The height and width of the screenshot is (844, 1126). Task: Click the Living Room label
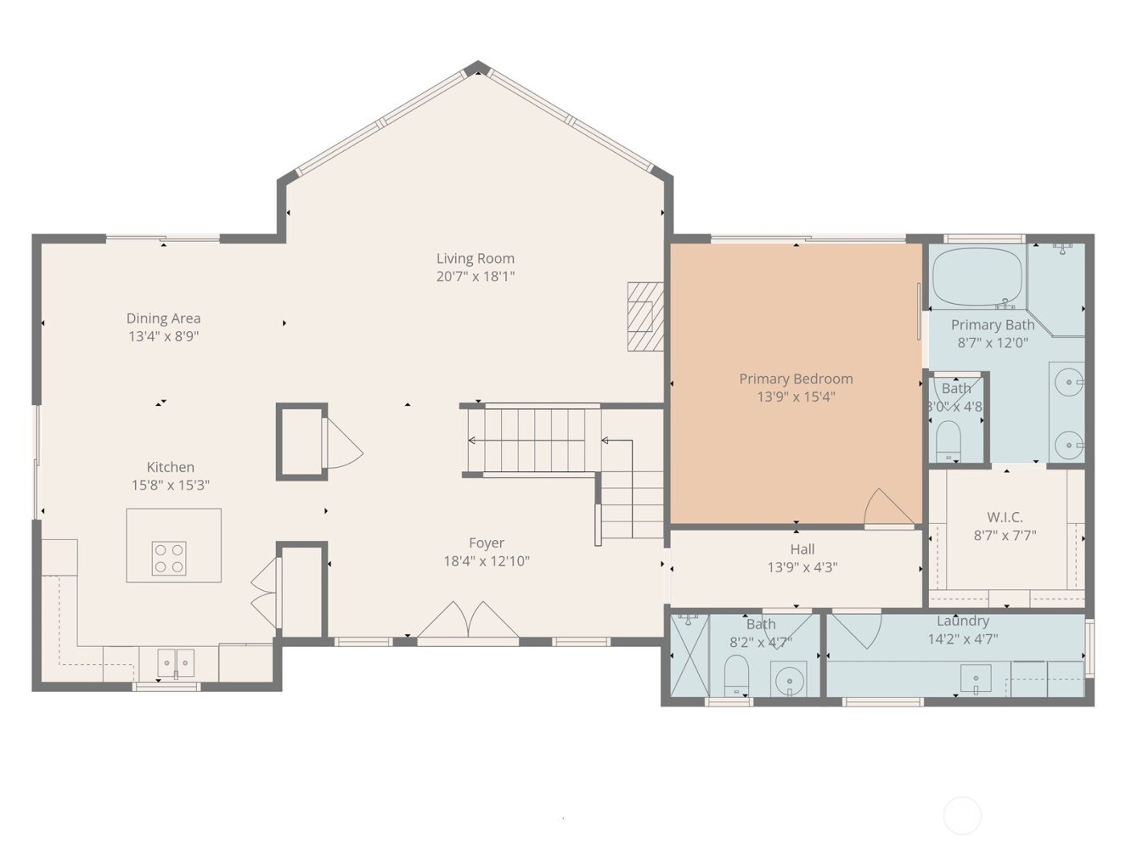click(x=475, y=259)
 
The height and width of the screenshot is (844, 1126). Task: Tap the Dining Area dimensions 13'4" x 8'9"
click(x=163, y=337)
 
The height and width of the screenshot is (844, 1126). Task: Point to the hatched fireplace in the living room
click(x=645, y=316)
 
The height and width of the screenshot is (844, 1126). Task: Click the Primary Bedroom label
click(x=795, y=379)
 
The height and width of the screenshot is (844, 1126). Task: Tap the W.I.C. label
click(x=1005, y=518)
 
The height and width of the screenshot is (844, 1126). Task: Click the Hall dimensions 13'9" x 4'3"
click(x=802, y=567)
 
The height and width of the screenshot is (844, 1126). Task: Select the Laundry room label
click(x=962, y=621)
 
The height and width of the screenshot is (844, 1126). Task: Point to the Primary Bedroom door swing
click(x=886, y=508)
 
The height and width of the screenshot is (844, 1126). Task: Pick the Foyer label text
click(x=487, y=543)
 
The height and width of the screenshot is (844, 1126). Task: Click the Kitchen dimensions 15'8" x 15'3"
click(x=171, y=486)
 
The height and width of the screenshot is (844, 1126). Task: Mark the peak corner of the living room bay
click(x=478, y=68)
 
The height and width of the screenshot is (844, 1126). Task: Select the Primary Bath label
click(x=992, y=325)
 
